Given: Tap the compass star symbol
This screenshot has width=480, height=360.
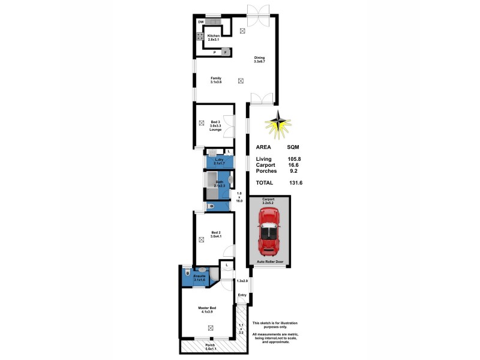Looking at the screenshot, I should [278, 124].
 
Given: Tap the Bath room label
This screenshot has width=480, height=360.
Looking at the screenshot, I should [219, 183].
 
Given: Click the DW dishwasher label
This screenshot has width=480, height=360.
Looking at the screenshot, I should [201, 23].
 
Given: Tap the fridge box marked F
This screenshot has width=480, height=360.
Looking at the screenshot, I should [226, 52].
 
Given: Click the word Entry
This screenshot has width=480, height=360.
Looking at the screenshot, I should [242, 295].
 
